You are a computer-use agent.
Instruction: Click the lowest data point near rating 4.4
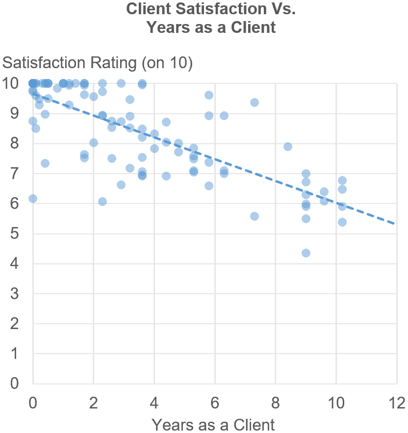306,253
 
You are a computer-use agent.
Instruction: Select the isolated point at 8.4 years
288,147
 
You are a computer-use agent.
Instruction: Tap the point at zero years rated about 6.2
33,199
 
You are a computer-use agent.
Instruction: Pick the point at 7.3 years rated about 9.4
255,102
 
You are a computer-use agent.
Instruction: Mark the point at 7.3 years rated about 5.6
255,216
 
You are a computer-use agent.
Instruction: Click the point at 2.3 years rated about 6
102,202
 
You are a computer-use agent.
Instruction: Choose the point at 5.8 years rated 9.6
209,95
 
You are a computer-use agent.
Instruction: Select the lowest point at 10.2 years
342,222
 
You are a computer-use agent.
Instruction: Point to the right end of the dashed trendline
395,224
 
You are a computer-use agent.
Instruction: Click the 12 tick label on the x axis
396,403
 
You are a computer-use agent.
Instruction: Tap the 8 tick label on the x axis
276,403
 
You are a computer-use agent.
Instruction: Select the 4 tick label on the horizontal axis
154,403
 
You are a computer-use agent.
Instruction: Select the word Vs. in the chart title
281,9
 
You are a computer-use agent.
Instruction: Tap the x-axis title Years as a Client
213,424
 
